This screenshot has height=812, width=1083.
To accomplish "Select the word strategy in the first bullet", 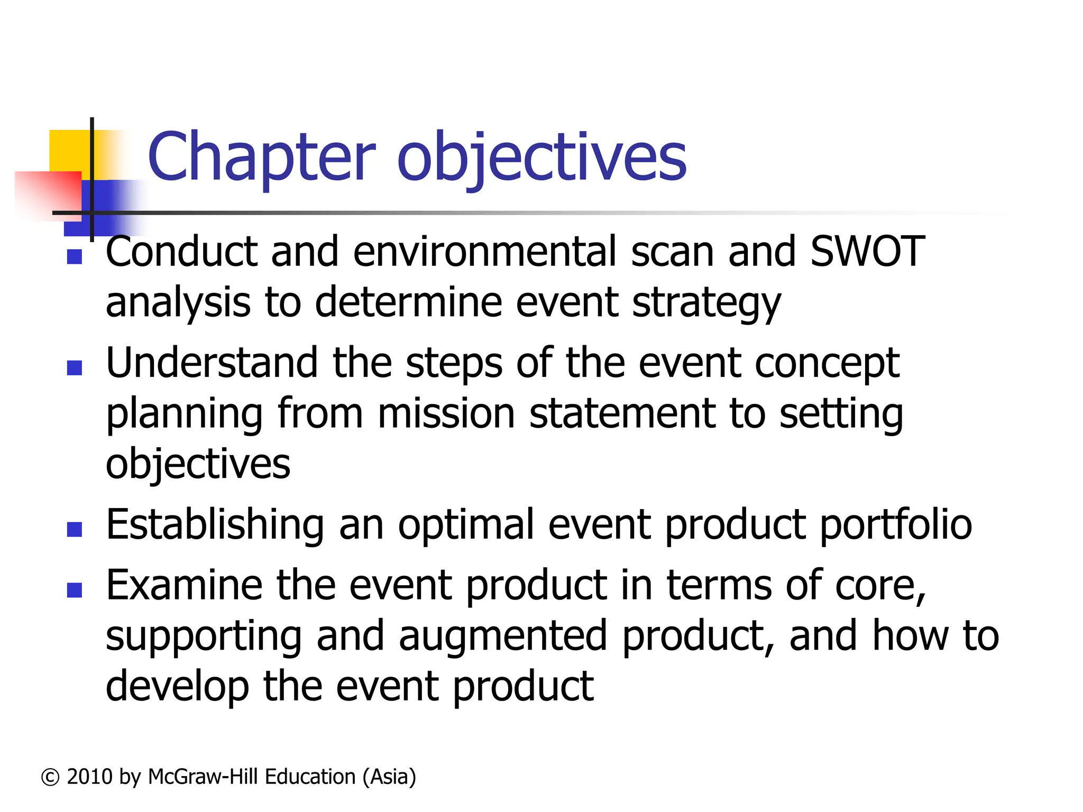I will [706, 303].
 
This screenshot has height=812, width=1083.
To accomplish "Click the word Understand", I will [212, 363].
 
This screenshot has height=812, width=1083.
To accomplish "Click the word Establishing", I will [215, 525].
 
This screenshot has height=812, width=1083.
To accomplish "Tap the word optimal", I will [466, 525].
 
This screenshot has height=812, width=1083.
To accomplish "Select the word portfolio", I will [896, 525].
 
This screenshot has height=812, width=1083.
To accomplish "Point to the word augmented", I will [503, 636].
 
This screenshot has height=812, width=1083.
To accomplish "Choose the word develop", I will [177, 687].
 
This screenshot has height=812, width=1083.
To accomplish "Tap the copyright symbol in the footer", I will [50, 777].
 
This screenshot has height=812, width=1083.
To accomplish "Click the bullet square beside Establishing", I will [75, 529].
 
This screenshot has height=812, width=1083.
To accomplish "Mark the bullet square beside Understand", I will [75, 368].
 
